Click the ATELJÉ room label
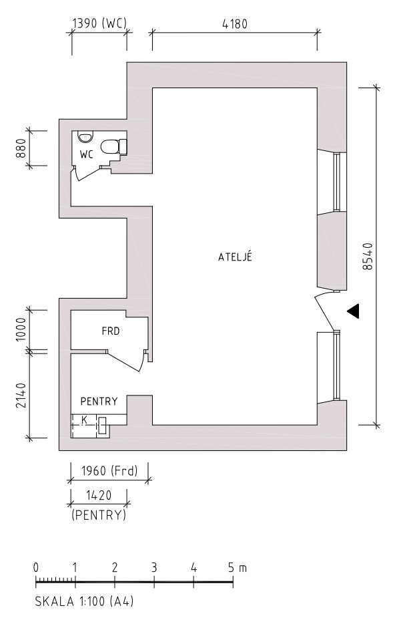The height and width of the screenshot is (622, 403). coord(235,257)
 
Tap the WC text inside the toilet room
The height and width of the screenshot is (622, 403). coord(86,154)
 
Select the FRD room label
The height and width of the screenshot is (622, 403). coord(111,331)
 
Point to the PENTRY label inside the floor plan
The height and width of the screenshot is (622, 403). coord(99,401)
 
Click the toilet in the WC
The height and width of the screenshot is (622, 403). coord(113,147)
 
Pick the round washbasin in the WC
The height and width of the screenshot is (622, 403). coord(85,137)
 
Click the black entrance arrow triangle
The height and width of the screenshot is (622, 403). coord(353,311)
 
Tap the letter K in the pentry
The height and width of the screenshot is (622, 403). coord(84,420)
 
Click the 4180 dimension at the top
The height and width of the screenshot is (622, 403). coord(235,24)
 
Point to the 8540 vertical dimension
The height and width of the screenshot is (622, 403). coord(368,257)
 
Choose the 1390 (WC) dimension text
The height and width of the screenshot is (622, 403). coord(99,23)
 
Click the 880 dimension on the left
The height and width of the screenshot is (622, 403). coord(21,148)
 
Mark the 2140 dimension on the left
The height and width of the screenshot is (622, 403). coord(21,395)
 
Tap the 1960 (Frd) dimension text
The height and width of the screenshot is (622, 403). coord(109,471)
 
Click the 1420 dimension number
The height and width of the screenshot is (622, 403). coord(99,496)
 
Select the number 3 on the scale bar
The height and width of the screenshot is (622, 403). coord(153,568)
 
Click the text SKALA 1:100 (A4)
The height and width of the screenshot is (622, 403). coord(85,601)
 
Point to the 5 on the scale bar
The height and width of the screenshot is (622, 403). coord(232,568)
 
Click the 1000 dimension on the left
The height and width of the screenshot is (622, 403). coord(21,329)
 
